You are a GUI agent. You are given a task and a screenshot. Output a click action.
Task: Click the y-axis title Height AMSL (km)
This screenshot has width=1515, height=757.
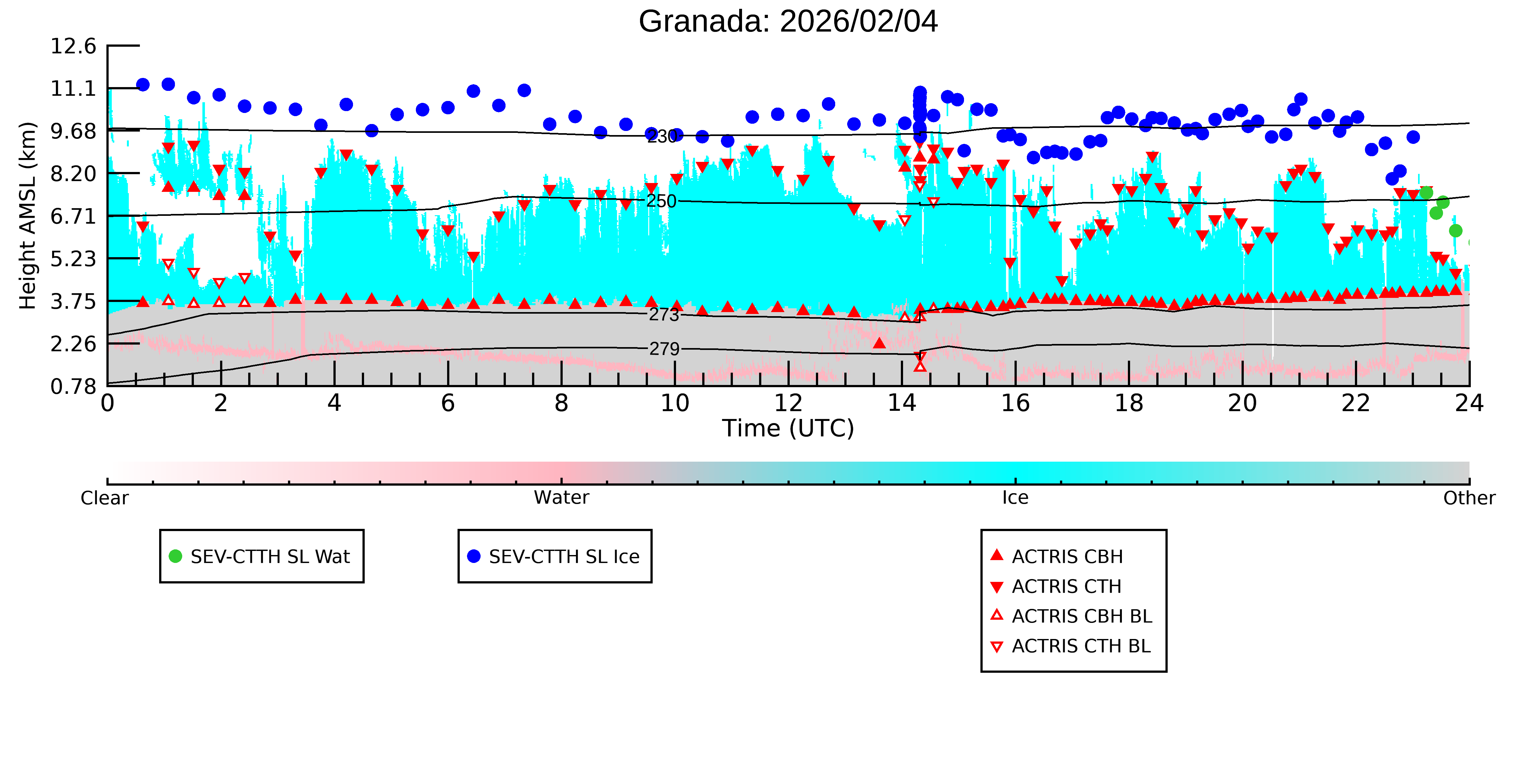point(28,216)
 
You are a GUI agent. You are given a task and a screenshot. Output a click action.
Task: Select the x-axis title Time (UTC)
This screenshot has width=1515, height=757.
point(788,429)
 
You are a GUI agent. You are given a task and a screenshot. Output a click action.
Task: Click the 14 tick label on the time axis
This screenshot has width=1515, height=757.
point(901,403)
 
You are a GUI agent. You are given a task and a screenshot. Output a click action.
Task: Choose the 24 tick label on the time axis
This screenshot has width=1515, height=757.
point(1469,403)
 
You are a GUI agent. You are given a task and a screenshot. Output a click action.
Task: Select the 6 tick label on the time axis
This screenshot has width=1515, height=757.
point(448,403)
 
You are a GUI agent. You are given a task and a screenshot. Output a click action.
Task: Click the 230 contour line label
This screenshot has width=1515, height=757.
point(662,136)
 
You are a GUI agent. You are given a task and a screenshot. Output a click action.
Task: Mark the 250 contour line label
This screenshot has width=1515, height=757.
point(662,201)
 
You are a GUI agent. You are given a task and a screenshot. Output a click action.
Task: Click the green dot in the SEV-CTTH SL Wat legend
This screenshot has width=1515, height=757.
point(175,556)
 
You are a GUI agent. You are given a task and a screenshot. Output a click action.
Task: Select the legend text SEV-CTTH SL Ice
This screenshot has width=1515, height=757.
point(564,557)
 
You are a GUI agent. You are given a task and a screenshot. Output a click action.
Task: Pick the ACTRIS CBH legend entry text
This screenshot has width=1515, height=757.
point(1068,557)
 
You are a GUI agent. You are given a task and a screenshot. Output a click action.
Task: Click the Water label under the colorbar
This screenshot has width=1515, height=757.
point(561,498)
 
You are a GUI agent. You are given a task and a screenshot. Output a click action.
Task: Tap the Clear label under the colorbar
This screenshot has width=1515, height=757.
point(105,498)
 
